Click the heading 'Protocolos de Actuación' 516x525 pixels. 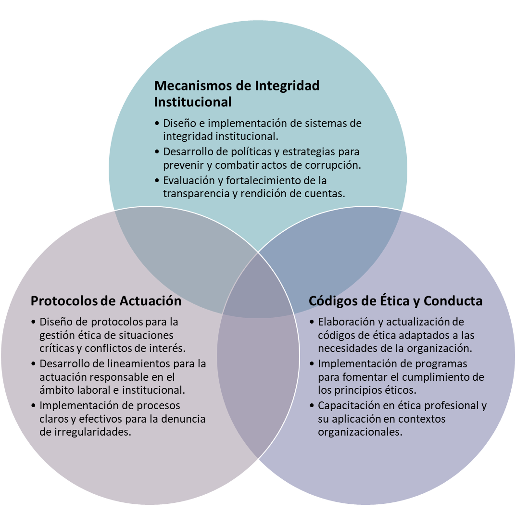(106, 300)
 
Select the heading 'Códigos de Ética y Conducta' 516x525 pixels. (395, 301)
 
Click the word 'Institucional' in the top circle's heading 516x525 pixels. (192, 102)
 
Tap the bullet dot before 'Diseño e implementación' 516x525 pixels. (157, 123)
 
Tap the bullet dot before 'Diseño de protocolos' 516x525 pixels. (33, 322)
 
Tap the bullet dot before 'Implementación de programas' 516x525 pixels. (312, 364)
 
